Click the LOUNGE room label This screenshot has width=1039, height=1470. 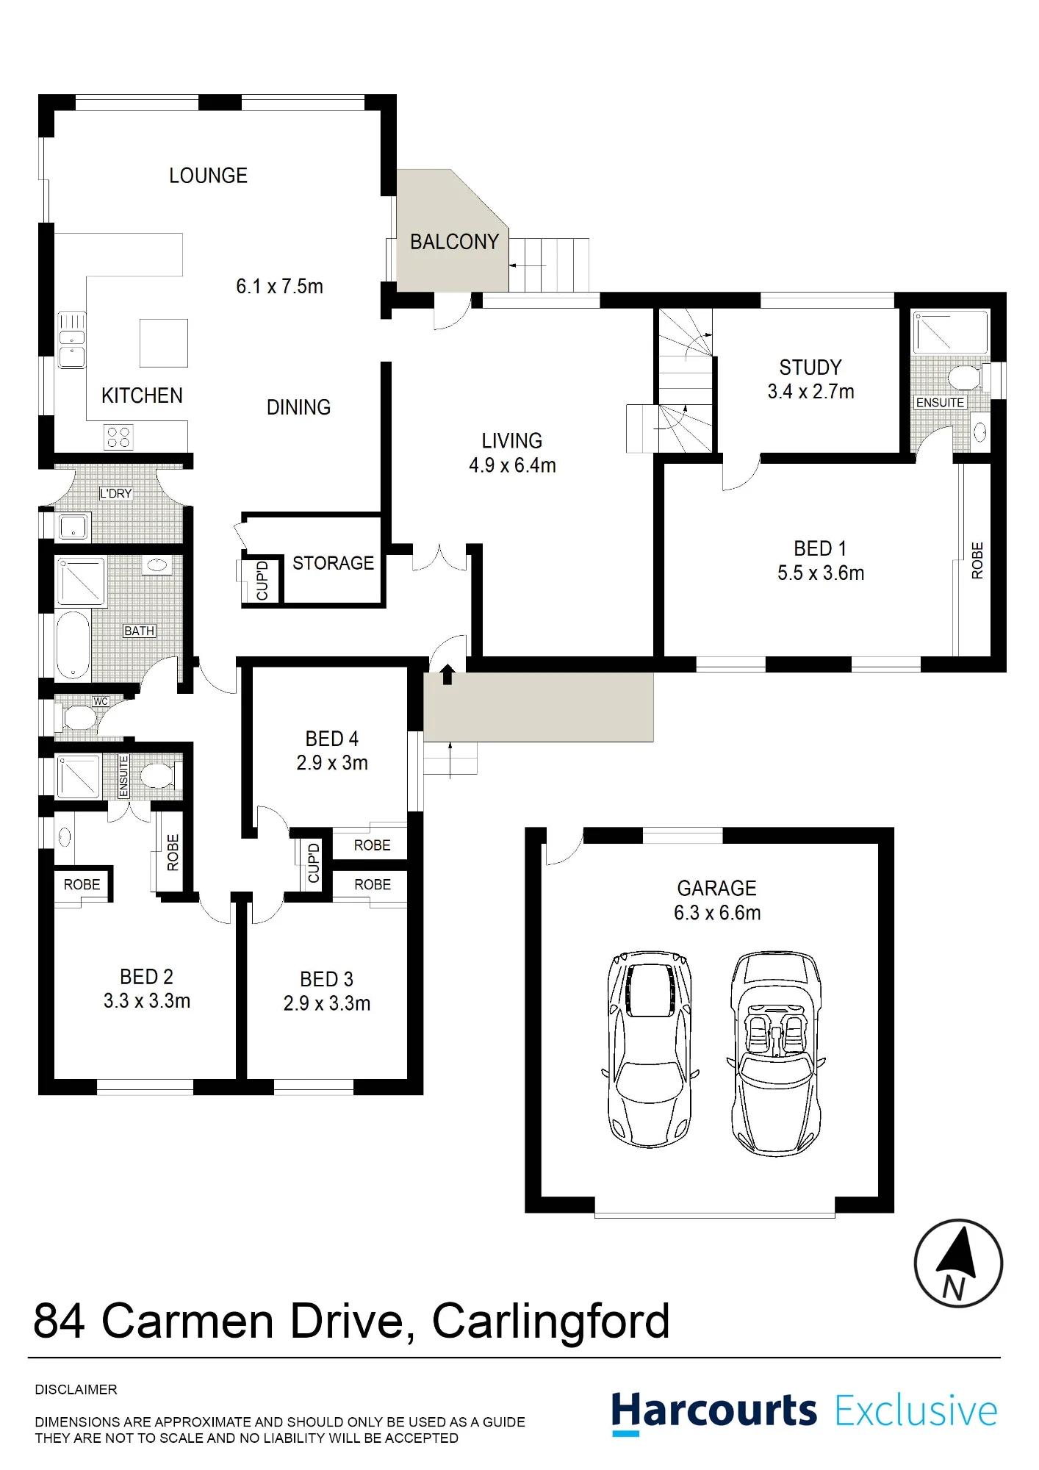208,176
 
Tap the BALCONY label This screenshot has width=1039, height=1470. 454,242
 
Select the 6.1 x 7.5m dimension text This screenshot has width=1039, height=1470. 279,286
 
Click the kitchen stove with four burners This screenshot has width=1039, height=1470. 118,437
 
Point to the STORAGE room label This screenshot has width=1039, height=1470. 333,563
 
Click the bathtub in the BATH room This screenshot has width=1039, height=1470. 73,644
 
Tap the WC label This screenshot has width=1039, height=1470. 101,701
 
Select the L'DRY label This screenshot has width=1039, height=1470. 116,493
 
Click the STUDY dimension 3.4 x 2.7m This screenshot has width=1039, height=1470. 810,392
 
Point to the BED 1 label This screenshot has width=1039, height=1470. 820,548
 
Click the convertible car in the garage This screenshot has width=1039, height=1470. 776,1053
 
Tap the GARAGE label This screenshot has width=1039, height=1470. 716,888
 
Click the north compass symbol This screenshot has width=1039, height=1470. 958,1263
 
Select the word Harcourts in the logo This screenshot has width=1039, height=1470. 713,1411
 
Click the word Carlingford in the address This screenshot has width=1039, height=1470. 550,1322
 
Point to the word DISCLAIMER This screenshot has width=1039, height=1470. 76,1389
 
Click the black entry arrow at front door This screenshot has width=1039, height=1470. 447,674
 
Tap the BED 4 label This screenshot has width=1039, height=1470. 331,739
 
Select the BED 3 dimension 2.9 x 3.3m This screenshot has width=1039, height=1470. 327,1003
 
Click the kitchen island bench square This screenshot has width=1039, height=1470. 164,343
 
